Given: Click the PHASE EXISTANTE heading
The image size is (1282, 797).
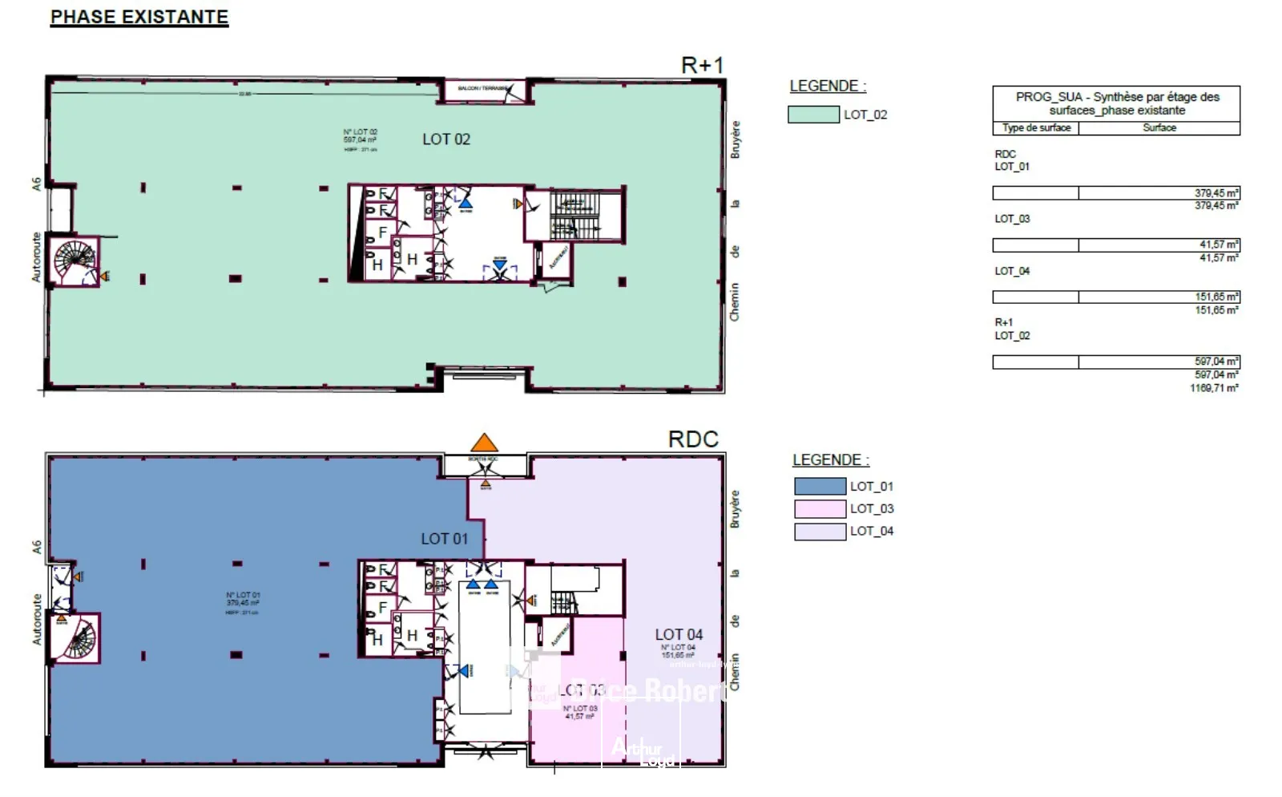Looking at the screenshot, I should (x=139, y=17).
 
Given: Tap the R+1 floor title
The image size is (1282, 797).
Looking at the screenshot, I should (x=702, y=65).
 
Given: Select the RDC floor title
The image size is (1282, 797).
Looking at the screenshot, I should (x=693, y=439).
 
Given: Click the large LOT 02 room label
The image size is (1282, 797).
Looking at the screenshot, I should (x=446, y=140).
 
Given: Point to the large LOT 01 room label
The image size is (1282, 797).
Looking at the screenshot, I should (x=444, y=539).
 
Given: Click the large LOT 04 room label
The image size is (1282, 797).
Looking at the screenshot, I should (x=679, y=634).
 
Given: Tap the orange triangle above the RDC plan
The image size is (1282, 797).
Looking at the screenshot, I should (x=483, y=443).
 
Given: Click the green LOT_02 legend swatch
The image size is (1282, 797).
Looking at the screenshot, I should (x=813, y=115).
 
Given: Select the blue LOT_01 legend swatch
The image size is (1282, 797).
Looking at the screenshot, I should (x=820, y=486).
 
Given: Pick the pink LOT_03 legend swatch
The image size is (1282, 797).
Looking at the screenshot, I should (x=820, y=508).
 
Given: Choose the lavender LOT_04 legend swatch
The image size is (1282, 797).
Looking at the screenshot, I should (x=820, y=531).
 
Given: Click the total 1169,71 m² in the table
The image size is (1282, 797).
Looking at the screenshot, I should (x=1214, y=388).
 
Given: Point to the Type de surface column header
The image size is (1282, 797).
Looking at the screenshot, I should (x=1036, y=128).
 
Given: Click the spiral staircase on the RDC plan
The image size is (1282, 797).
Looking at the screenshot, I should (x=79, y=639).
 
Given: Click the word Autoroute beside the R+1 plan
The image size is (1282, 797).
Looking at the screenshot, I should (x=36, y=257).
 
